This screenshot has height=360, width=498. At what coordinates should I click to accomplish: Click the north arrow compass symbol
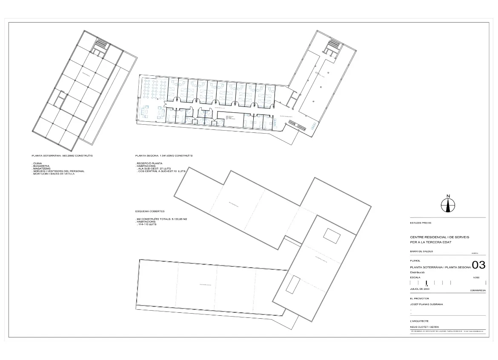pos(448,205)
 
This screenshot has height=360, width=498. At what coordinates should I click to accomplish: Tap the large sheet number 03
pos(479,265)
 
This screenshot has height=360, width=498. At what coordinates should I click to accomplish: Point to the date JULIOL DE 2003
pos(420,289)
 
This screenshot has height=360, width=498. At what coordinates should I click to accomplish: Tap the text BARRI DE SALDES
pos(421,251)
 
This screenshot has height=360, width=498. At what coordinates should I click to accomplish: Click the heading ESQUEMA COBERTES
pos(150,211)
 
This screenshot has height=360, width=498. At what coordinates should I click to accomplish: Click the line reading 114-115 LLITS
pos(147,224)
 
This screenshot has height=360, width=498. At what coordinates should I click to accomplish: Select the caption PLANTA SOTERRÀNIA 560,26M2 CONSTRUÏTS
pos(62,156)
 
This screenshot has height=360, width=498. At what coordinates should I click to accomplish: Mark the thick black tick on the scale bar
pos(426,283)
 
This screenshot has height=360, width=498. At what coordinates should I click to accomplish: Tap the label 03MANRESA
pos(478,291)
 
